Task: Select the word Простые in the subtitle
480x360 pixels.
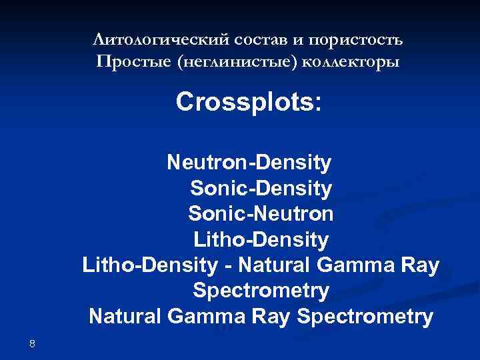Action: point(130,63)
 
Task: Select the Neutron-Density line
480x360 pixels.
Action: point(249,162)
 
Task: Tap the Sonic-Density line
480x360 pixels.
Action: point(260,189)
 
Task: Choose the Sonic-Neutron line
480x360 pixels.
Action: point(261,214)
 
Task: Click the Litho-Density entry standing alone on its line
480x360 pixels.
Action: point(261,239)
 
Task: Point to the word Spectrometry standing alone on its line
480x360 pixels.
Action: point(261,291)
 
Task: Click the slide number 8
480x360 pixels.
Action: point(32,343)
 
